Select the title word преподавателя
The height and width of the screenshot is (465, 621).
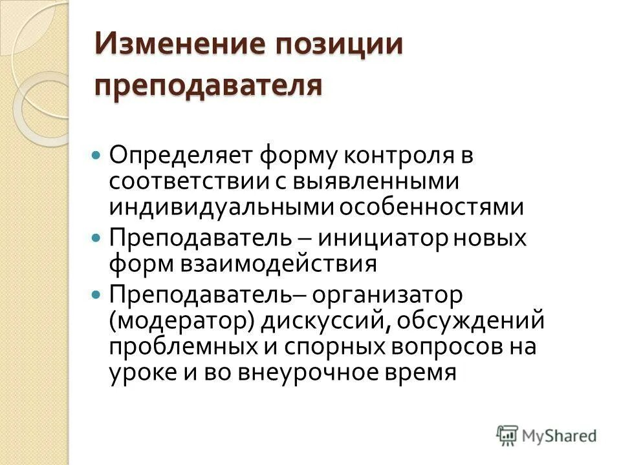click(x=208, y=85)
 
